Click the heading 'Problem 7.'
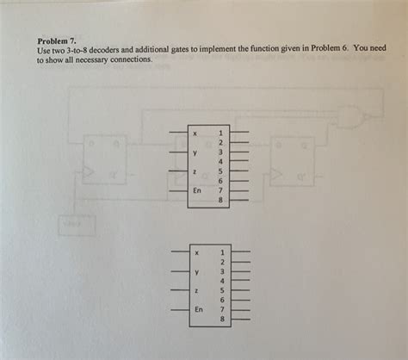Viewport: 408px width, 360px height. point(57,40)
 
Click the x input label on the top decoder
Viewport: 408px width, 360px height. point(195,133)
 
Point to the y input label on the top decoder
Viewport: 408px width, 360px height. point(195,152)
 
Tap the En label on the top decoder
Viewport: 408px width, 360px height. point(197,190)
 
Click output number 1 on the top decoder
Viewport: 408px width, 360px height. point(220,133)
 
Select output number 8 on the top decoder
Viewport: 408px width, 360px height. point(220,200)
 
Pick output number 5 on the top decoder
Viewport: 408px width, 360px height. point(220,171)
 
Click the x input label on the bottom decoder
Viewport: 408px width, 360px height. point(196,253)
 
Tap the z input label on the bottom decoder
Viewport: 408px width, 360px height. point(196,291)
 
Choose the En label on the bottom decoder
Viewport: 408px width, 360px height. point(199,309)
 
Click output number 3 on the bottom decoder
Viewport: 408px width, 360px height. point(222,271)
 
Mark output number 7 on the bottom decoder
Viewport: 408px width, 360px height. point(222,309)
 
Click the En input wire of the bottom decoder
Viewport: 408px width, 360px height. point(181,310)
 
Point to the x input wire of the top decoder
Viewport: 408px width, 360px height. point(179,133)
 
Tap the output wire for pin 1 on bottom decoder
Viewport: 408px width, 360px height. point(240,251)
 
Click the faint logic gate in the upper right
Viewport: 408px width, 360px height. point(354,117)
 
